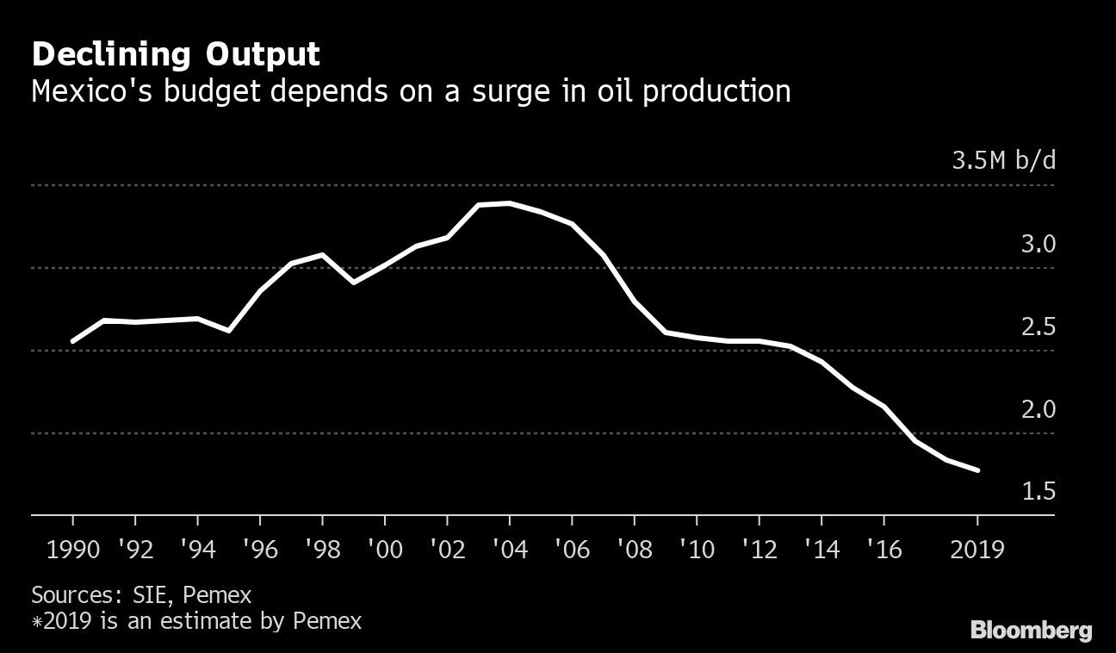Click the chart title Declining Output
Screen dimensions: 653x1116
pos(176,55)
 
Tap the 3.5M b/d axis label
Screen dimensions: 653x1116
pos(1002,162)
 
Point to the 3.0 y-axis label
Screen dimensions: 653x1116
pos(1038,245)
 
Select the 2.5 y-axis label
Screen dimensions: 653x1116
pos(1038,327)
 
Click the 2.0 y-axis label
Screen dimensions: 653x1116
pos(1038,409)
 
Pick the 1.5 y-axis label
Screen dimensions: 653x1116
pos(1038,492)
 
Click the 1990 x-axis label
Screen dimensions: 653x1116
pos(72,549)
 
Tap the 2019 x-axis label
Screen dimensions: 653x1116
pos(976,549)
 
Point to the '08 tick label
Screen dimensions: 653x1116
pos(633,549)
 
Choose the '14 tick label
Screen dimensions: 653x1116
pos(821,549)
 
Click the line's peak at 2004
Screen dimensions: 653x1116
pos(510,203)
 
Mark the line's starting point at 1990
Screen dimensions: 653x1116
pos(72,341)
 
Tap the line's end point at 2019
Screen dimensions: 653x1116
pos(978,470)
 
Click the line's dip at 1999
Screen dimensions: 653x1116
pos(353,283)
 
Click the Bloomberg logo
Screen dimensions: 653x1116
pos(1031,630)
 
